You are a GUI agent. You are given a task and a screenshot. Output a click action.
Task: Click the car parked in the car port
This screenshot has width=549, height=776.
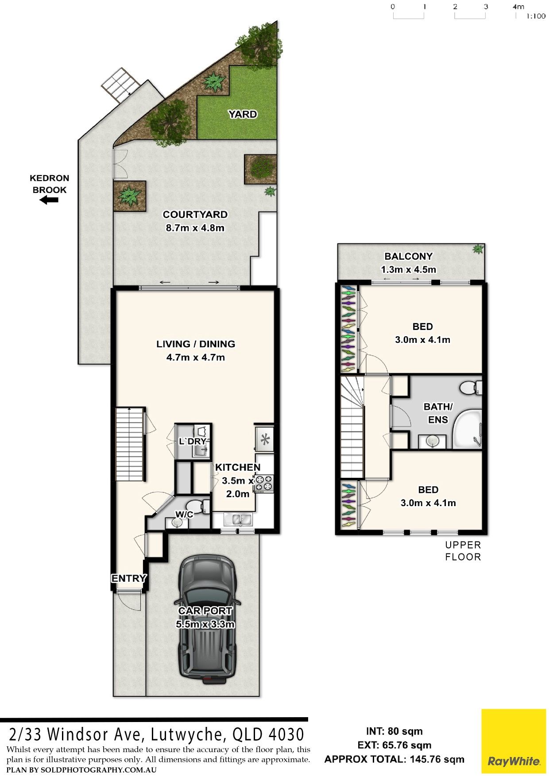point(206,619)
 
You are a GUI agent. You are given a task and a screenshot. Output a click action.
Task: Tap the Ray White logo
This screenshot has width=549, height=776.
point(514,741)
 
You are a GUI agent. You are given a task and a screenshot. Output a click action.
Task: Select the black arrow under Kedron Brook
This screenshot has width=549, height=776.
point(49,200)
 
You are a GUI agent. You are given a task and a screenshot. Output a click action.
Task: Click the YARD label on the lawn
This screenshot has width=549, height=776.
point(243,114)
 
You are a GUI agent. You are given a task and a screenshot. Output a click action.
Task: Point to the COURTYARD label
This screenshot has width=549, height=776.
point(195,215)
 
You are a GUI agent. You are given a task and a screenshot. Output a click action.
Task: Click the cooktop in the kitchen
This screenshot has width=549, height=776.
point(265,484)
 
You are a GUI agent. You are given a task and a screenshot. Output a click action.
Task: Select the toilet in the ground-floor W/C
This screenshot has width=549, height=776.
point(197,506)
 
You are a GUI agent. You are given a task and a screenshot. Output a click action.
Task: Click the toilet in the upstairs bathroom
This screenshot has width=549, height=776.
point(470,388)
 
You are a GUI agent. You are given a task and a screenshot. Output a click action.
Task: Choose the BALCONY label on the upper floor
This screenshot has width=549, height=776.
point(408,256)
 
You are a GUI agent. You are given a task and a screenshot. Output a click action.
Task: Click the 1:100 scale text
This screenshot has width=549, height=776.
point(536,16)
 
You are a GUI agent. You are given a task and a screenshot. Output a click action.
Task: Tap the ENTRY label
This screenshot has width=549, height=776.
point(129,578)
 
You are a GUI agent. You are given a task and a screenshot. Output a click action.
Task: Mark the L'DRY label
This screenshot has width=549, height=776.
point(193,441)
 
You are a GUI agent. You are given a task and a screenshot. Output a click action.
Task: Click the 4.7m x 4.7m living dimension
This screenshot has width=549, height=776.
point(196,357)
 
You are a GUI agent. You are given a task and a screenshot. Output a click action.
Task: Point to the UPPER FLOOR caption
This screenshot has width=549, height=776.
point(463,551)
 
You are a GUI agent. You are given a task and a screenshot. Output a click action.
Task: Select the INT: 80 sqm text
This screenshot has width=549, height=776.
point(394,731)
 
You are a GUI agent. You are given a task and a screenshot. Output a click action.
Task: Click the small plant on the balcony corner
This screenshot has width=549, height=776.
point(478,249)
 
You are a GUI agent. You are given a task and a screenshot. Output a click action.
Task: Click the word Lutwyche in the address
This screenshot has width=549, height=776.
point(186,734)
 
